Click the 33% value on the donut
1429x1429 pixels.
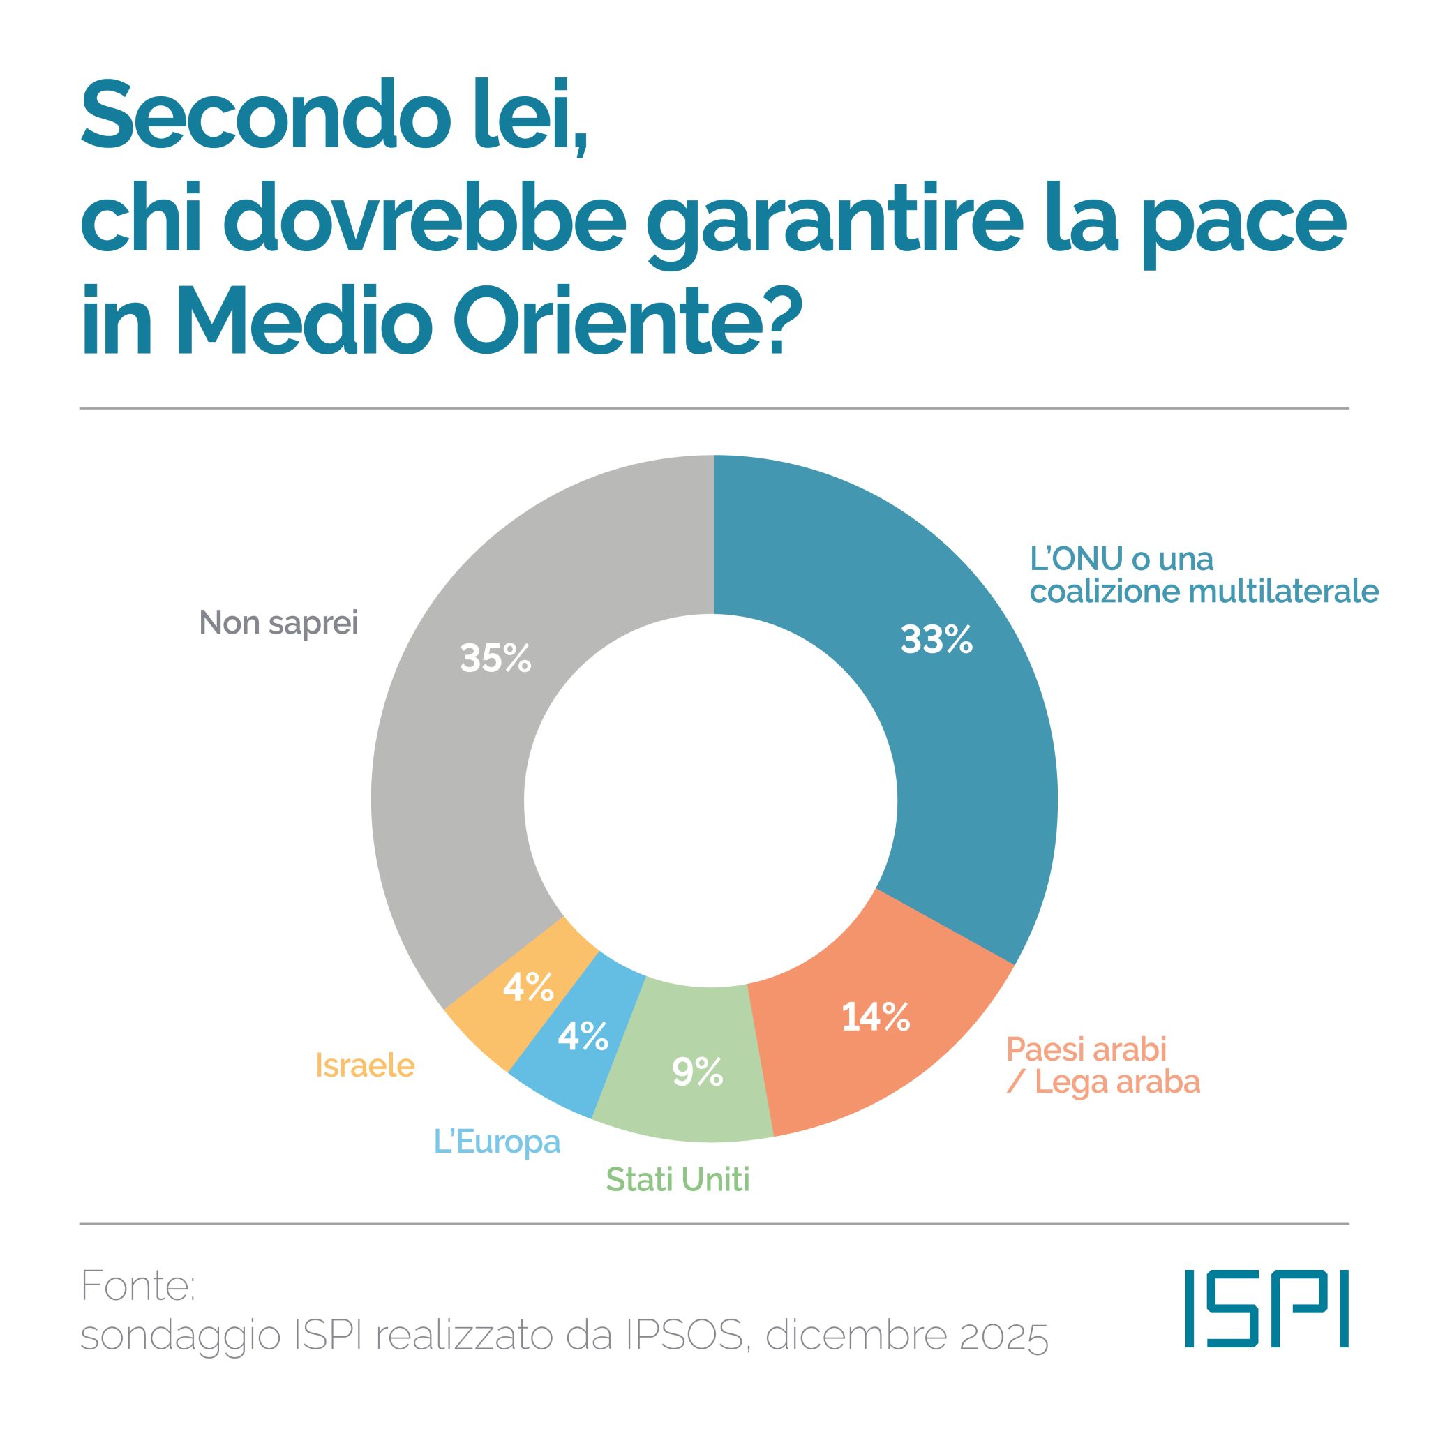point(936,640)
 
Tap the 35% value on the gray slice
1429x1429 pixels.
point(495,657)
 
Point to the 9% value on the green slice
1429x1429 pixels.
point(697,1072)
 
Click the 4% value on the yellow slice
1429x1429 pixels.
point(528,987)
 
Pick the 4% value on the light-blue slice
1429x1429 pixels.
point(583,1037)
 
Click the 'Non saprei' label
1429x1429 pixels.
point(279,623)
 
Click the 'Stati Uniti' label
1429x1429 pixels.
point(678,1180)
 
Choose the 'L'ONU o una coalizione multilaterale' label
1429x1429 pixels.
point(1204,576)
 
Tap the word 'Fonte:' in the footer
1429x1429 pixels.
point(138,1286)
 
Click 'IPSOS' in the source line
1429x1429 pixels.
point(684,1336)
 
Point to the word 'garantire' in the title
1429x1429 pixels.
point(822,222)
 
